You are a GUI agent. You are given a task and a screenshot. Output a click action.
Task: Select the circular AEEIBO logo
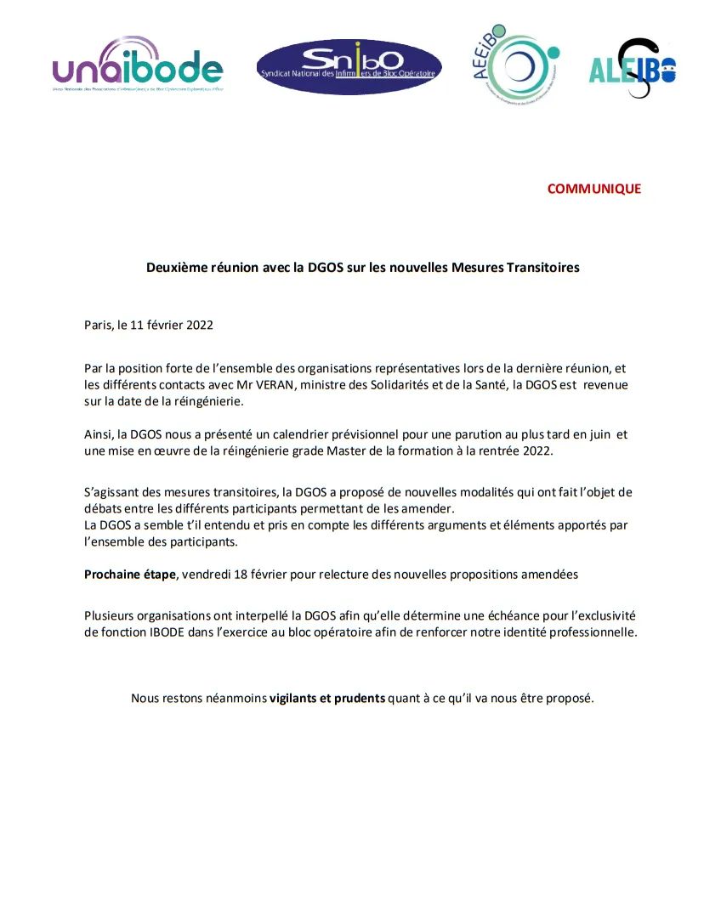point(517,65)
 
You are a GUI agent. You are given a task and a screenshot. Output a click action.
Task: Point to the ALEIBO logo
point(633,68)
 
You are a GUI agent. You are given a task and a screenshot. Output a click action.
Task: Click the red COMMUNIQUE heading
point(593,189)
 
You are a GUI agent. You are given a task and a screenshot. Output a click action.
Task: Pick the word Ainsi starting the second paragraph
point(99,434)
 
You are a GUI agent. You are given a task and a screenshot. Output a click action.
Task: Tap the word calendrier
point(296,434)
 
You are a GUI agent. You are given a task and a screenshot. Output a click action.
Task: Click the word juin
point(599,434)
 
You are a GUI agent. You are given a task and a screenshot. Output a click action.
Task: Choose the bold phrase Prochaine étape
point(131,574)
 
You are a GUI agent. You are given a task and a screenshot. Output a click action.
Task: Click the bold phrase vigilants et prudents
point(327,698)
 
